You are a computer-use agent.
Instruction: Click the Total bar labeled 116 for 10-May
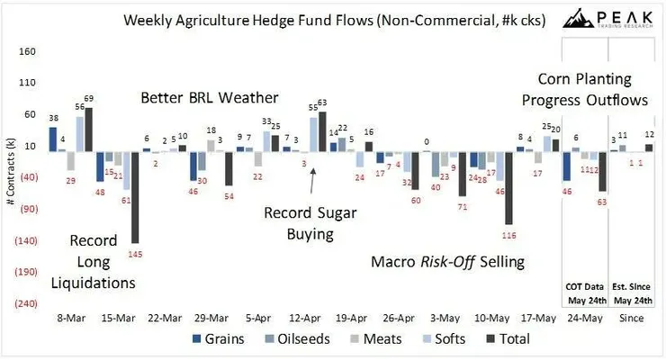pyautogui.click(x=508, y=187)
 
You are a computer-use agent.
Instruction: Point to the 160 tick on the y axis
pyautogui.click(x=27, y=51)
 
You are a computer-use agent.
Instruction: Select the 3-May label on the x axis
pyautogui.click(x=445, y=318)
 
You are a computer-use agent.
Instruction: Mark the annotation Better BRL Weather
pyautogui.click(x=210, y=96)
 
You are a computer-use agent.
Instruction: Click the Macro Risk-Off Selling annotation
pyautogui.click(x=447, y=262)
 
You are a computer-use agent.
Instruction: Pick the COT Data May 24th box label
pyautogui.click(x=585, y=293)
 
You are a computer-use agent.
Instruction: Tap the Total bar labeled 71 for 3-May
pyautogui.click(x=462, y=173)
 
